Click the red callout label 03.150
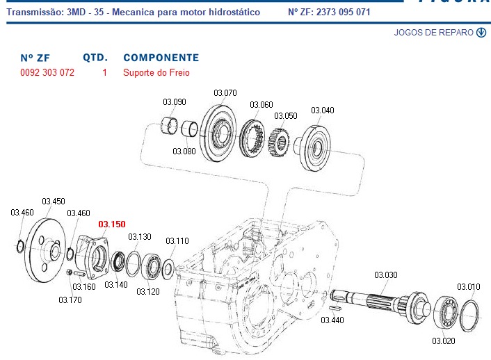[112, 224]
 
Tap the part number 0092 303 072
[47, 72]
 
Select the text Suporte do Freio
[156, 72]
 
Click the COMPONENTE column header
[161, 58]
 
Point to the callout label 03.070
[225, 92]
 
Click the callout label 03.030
[386, 275]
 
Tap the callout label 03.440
[332, 320]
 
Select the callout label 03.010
[468, 286]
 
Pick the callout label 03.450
[54, 202]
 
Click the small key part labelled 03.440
[334, 306]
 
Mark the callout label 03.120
[148, 291]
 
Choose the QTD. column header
[94, 58]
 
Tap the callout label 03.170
[70, 300]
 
